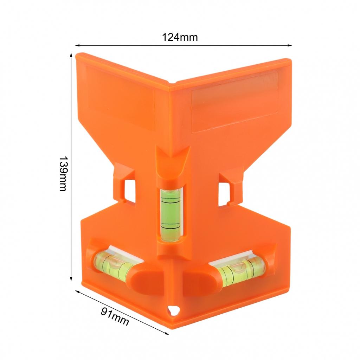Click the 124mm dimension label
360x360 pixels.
[x=180, y=37]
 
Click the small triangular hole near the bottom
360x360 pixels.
[x=173, y=310]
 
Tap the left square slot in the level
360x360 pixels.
[x=129, y=190]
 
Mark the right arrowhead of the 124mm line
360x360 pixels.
[x=290, y=45]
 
